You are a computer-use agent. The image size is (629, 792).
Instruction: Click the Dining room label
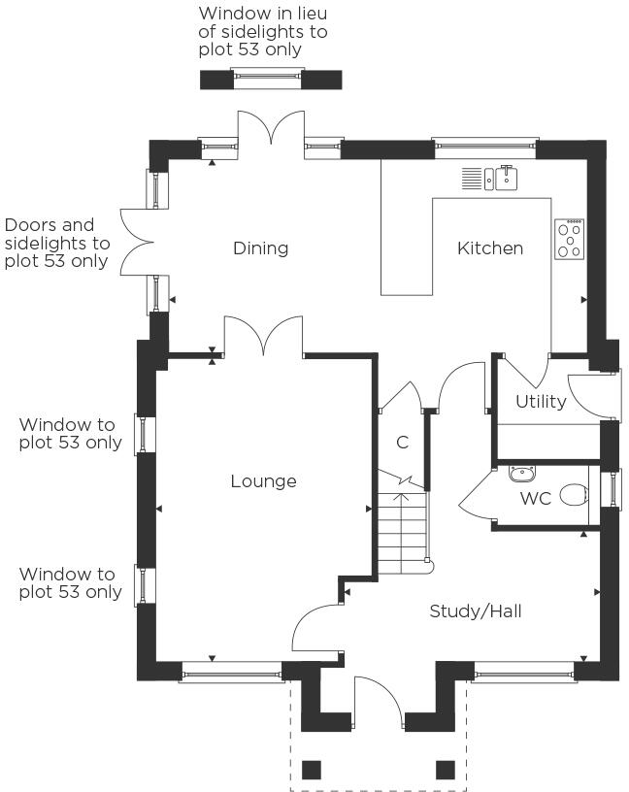click(x=261, y=248)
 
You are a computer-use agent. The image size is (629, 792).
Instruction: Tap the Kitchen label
click(x=490, y=248)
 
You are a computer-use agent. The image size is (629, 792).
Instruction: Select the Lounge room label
click(x=263, y=481)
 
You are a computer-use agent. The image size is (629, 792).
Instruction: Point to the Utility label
click(x=541, y=402)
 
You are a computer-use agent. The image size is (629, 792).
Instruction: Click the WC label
click(x=536, y=499)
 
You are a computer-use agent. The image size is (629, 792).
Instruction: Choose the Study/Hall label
click(x=476, y=611)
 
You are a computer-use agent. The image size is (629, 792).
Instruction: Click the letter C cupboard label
click(x=402, y=444)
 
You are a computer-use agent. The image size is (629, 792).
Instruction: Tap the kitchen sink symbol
click(x=491, y=178)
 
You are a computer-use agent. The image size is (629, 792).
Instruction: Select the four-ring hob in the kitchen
click(x=570, y=239)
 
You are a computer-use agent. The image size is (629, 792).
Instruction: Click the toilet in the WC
click(x=576, y=494)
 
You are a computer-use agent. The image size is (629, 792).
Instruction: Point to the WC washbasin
click(x=522, y=475)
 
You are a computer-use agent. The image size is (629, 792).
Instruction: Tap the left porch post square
click(x=312, y=770)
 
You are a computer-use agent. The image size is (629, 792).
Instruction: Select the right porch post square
click(x=446, y=770)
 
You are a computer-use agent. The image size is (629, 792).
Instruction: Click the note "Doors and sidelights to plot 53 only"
click(x=57, y=243)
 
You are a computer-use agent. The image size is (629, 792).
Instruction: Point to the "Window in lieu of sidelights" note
click(x=262, y=31)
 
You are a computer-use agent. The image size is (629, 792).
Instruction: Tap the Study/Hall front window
click(x=523, y=670)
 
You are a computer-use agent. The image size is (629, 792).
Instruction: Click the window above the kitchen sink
click(x=484, y=148)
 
